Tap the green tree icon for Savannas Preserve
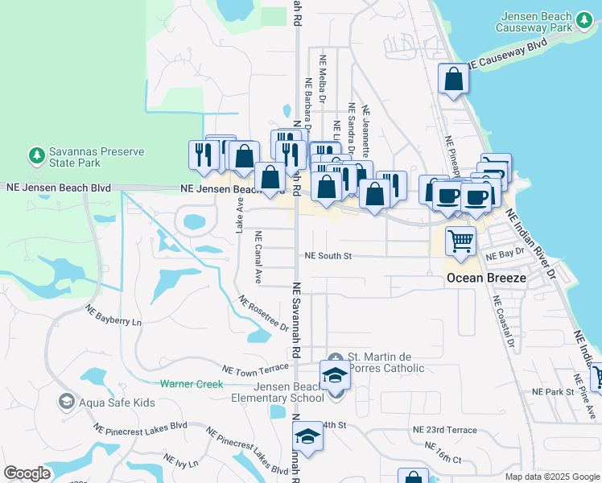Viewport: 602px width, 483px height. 35,154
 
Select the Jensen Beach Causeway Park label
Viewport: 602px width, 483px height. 546,21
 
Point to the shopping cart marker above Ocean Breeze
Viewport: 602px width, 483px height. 460,241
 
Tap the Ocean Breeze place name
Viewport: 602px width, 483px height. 486,278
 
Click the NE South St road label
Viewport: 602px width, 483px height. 328,256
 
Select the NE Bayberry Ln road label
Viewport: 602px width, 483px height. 113,315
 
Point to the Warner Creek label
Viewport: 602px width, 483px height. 191,384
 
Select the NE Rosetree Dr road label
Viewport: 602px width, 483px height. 263,314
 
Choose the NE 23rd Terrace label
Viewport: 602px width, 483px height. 443,431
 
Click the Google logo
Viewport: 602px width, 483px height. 27,473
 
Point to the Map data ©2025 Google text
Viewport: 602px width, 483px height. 551,477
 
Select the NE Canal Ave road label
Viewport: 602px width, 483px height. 258,258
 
